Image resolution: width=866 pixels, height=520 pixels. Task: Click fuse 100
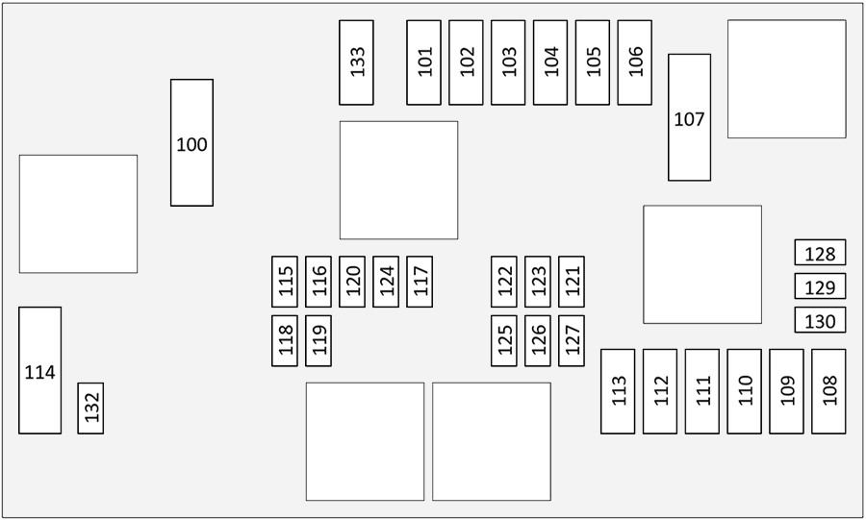pyautogui.click(x=191, y=143)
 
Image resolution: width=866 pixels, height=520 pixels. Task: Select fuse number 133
pyautogui.click(x=356, y=62)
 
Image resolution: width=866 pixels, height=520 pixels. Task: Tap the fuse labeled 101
pyautogui.click(x=423, y=62)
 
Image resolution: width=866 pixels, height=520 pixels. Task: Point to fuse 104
pyautogui.click(x=550, y=62)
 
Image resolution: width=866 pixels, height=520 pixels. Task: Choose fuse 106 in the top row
pyautogui.click(x=635, y=62)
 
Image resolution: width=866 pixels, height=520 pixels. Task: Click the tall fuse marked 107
pyautogui.click(x=689, y=117)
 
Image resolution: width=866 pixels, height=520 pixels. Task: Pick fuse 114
pyautogui.click(x=39, y=371)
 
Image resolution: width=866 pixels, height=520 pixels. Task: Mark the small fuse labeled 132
pyautogui.click(x=90, y=409)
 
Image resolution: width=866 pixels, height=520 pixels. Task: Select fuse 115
pyautogui.click(x=285, y=282)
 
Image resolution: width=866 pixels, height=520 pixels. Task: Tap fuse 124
pyautogui.click(x=386, y=282)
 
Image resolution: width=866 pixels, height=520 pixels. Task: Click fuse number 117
pyautogui.click(x=420, y=282)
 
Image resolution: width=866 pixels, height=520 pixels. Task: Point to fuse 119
pyautogui.click(x=318, y=341)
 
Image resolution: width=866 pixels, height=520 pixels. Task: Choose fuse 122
pyautogui.click(x=503, y=282)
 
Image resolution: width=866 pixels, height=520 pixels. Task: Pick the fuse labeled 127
pyautogui.click(x=571, y=341)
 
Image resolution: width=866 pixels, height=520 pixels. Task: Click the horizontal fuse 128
pyautogui.click(x=820, y=252)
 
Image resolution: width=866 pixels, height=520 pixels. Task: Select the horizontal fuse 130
pyautogui.click(x=820, y=320)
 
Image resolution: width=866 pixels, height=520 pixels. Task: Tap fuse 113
pyautogui.click(x=618, y=391)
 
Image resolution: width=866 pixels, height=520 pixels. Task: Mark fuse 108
pyautogui.click(x=828, y=391)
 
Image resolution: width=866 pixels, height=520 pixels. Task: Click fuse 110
pyautogui.click(x=744, y=391)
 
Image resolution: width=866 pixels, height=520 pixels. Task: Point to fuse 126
pyautogui.click(x=537, y=341)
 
